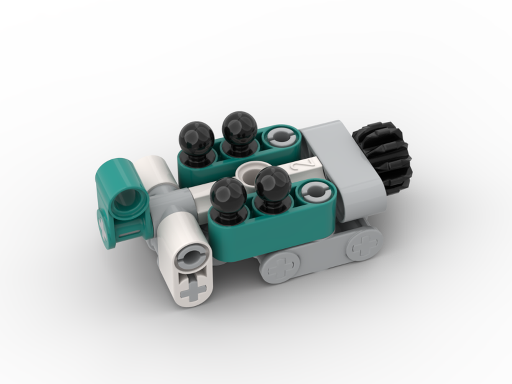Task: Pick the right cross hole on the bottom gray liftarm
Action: pos(363,245)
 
